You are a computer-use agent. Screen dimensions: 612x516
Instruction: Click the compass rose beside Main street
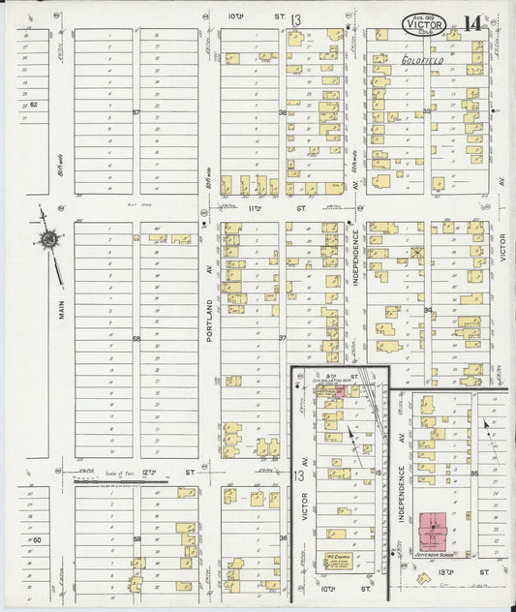pos(46,238)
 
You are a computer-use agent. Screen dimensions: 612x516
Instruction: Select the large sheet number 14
pos(474,21)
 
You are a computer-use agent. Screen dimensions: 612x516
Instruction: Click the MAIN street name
pos(60,312)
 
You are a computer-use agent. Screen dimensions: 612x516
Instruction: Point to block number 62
pos(32,104)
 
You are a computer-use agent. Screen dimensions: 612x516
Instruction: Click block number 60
pos(38,537)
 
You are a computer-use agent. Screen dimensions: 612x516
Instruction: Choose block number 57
pos(137,113)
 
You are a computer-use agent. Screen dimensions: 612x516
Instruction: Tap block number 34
pos(427,310)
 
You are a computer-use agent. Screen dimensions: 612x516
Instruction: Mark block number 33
pos(427,113)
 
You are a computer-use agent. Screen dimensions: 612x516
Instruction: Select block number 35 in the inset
pos(474,474)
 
